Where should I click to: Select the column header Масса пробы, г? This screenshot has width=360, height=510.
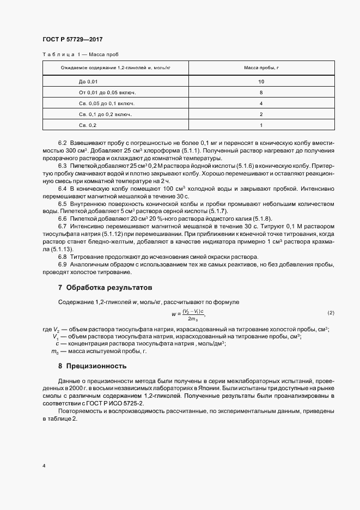tap(261, 68)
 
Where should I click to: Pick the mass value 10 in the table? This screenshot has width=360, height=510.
tap(261, 81)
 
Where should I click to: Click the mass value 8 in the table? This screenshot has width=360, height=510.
tap(261, 92)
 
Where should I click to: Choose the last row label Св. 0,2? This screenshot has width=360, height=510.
tap(88, 125)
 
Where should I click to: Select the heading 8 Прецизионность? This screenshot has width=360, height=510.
tap(92, 366)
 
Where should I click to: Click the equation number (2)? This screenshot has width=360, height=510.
tap(330, 312)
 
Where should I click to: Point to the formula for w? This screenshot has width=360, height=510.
tap(188, 314)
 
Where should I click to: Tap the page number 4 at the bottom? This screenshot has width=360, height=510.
tap(43, 466)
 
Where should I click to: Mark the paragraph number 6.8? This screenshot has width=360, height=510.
tap(62, 257)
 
